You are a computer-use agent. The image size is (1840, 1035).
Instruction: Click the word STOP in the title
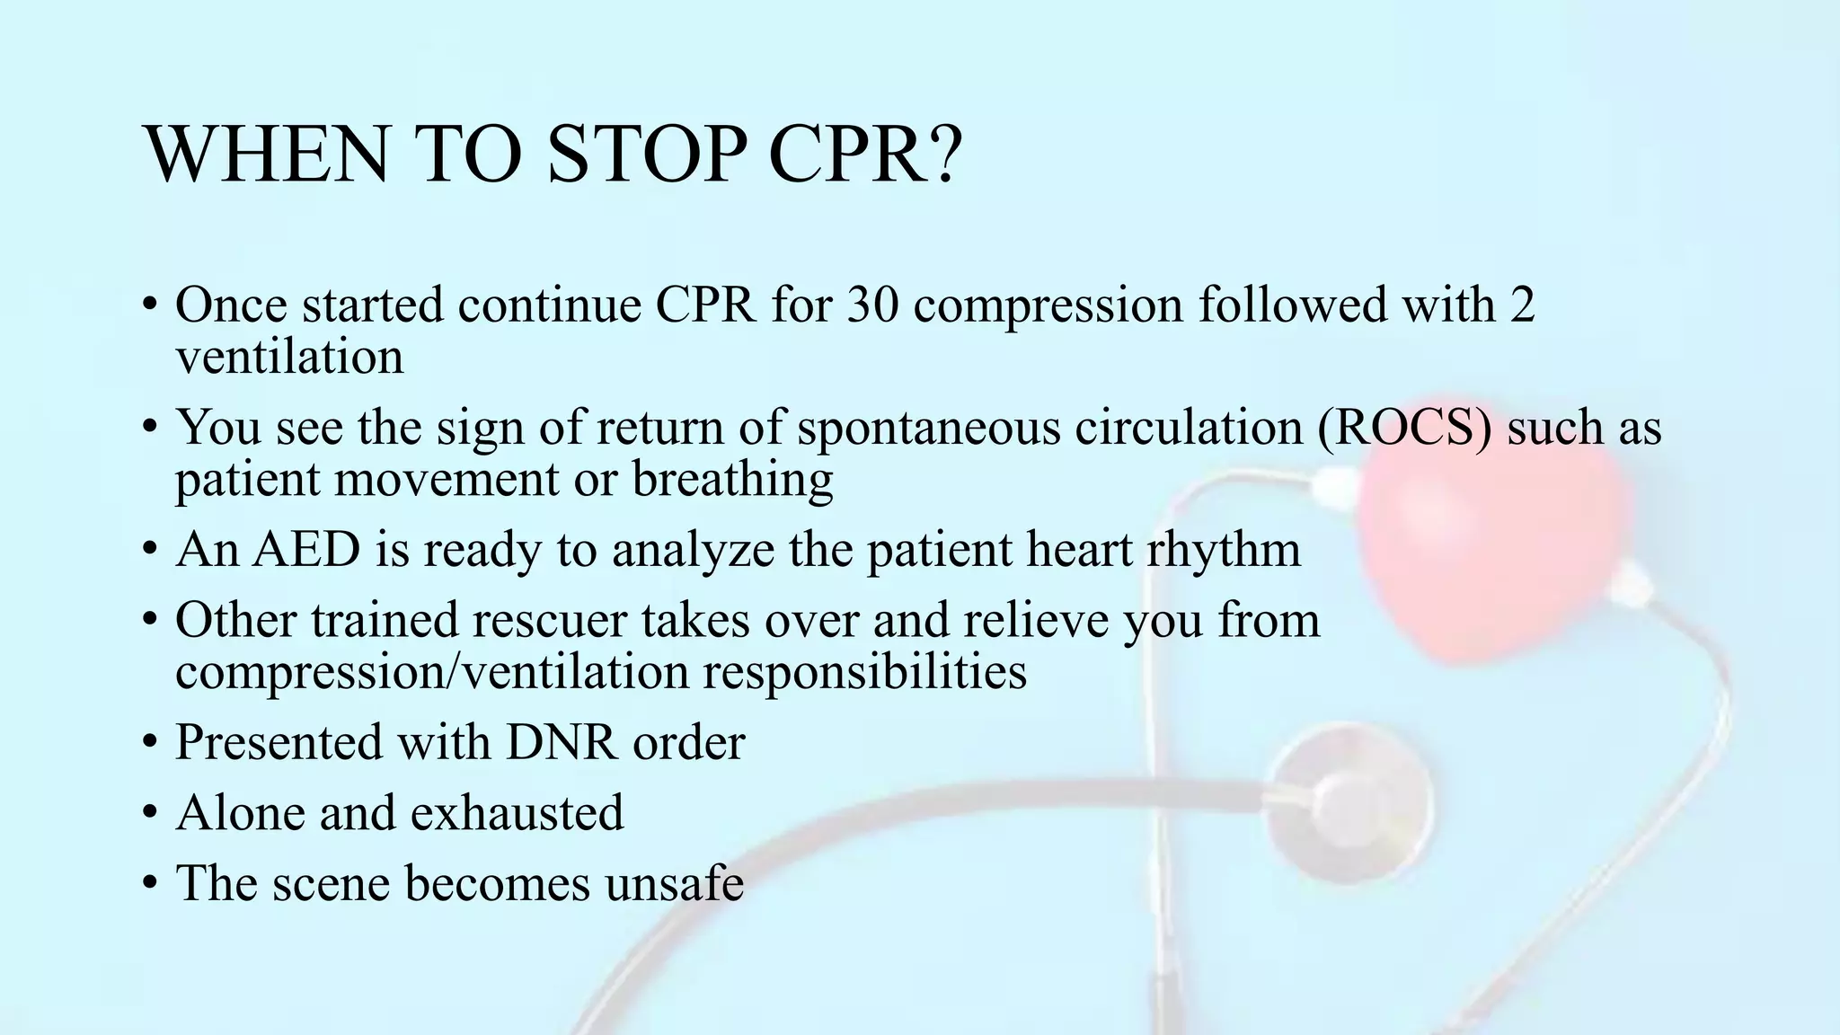coord(645,155)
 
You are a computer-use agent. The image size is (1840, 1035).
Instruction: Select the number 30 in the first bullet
coord(871,305)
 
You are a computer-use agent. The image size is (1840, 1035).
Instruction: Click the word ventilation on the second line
coord(289,358)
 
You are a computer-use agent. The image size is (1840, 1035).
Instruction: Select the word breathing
coord(732,481)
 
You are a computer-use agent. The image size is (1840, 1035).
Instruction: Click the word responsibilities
coord(864,672)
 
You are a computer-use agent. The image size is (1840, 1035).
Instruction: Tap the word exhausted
coord(517,813)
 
